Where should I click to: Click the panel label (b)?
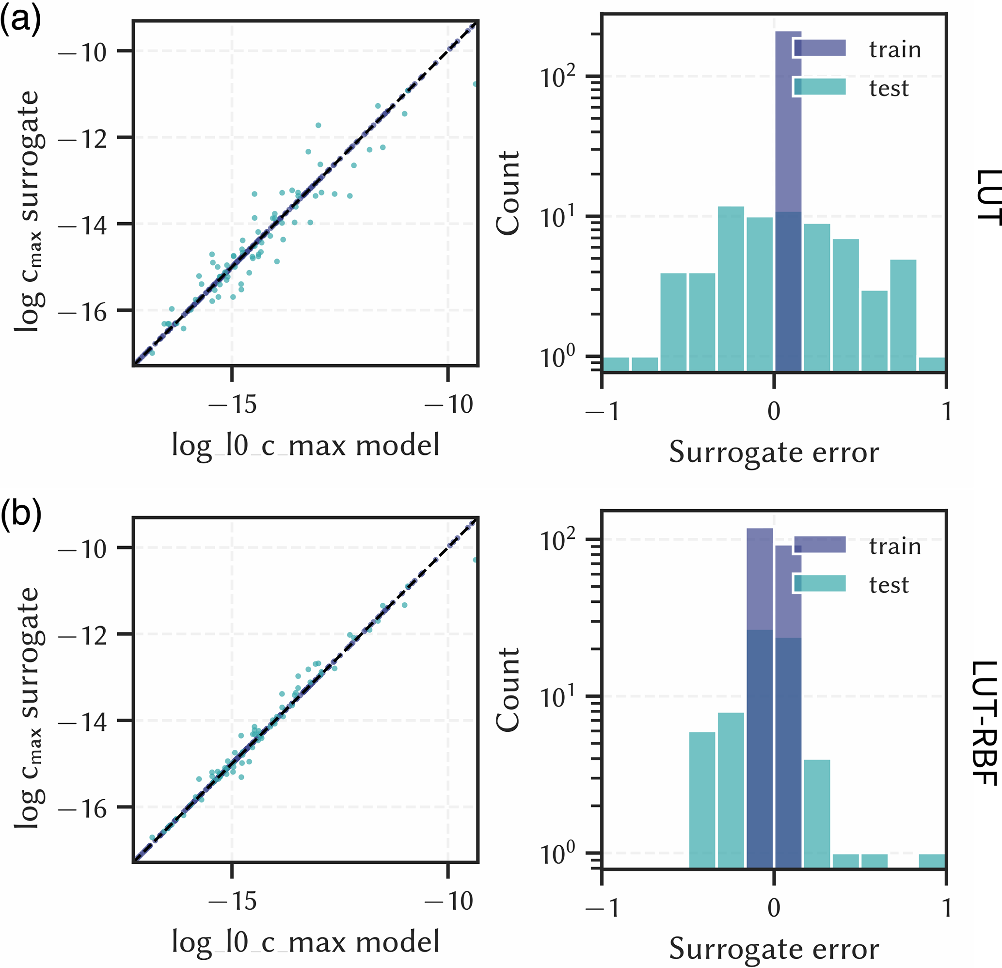pos(20,516)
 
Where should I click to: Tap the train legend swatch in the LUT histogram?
pos(820,48)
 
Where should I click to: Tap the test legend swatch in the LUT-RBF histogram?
pos(820,583)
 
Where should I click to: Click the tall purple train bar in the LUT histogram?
pos(788,123)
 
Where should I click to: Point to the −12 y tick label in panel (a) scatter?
pos(83,139)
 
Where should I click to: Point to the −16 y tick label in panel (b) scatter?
pos(83,809)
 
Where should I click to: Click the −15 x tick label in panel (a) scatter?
pos(233,404)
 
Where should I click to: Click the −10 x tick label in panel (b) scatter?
pos(449,901)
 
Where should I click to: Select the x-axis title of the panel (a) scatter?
pos(305,445)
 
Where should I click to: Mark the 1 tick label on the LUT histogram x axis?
pos(947,411)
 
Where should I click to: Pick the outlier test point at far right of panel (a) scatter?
pos(475,84)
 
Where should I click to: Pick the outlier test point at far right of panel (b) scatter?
pos(475,560)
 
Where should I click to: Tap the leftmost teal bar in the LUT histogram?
pos(616,364)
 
